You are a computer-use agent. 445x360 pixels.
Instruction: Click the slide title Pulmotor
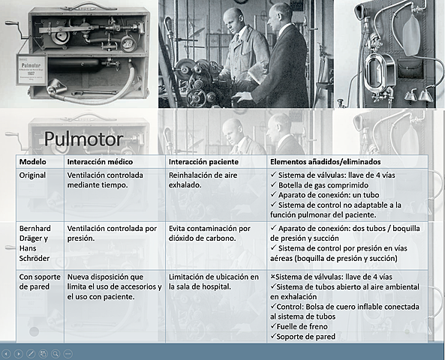[x=83, y=139]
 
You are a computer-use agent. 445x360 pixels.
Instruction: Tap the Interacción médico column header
[x=103, y=161]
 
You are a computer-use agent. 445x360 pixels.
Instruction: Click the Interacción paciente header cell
[x=204, y=161]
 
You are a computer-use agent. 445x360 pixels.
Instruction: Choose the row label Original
[x=33, y=175]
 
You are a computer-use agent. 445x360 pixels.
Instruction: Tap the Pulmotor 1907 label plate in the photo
[x=32, y=65]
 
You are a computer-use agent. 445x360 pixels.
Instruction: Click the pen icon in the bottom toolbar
[x=31, y=352]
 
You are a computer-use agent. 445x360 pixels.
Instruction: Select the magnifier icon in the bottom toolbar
[x=56, y=352]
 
